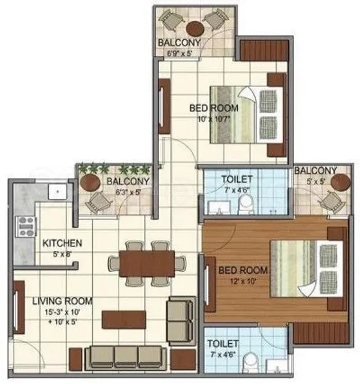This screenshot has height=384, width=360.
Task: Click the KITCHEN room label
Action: pos(62,243)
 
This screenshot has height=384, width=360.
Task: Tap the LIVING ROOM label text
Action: pos(62,301)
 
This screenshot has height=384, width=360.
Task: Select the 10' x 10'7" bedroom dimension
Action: pos(214,119)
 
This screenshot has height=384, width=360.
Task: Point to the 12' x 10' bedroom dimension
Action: pos(243,281)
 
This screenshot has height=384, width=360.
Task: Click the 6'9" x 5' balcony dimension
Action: pos(179,53)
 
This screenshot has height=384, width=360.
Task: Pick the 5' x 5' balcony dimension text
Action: pos(316,182)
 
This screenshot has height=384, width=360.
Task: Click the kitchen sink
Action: pos(58,191)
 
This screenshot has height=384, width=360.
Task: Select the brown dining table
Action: pos(147,264)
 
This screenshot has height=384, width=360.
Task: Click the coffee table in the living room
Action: pos(124,319)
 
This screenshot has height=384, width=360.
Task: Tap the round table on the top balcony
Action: pos(195,29)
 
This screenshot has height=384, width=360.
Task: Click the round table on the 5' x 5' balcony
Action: pos(340,182)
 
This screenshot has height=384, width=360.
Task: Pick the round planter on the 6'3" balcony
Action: pos(90,182)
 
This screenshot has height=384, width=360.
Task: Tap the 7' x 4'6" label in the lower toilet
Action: pos(223,355)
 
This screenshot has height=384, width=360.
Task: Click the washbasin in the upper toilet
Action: pos(219,207)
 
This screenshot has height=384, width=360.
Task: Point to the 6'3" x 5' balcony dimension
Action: pos(128,192)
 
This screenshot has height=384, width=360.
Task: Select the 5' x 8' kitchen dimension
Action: pos(62,254)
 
